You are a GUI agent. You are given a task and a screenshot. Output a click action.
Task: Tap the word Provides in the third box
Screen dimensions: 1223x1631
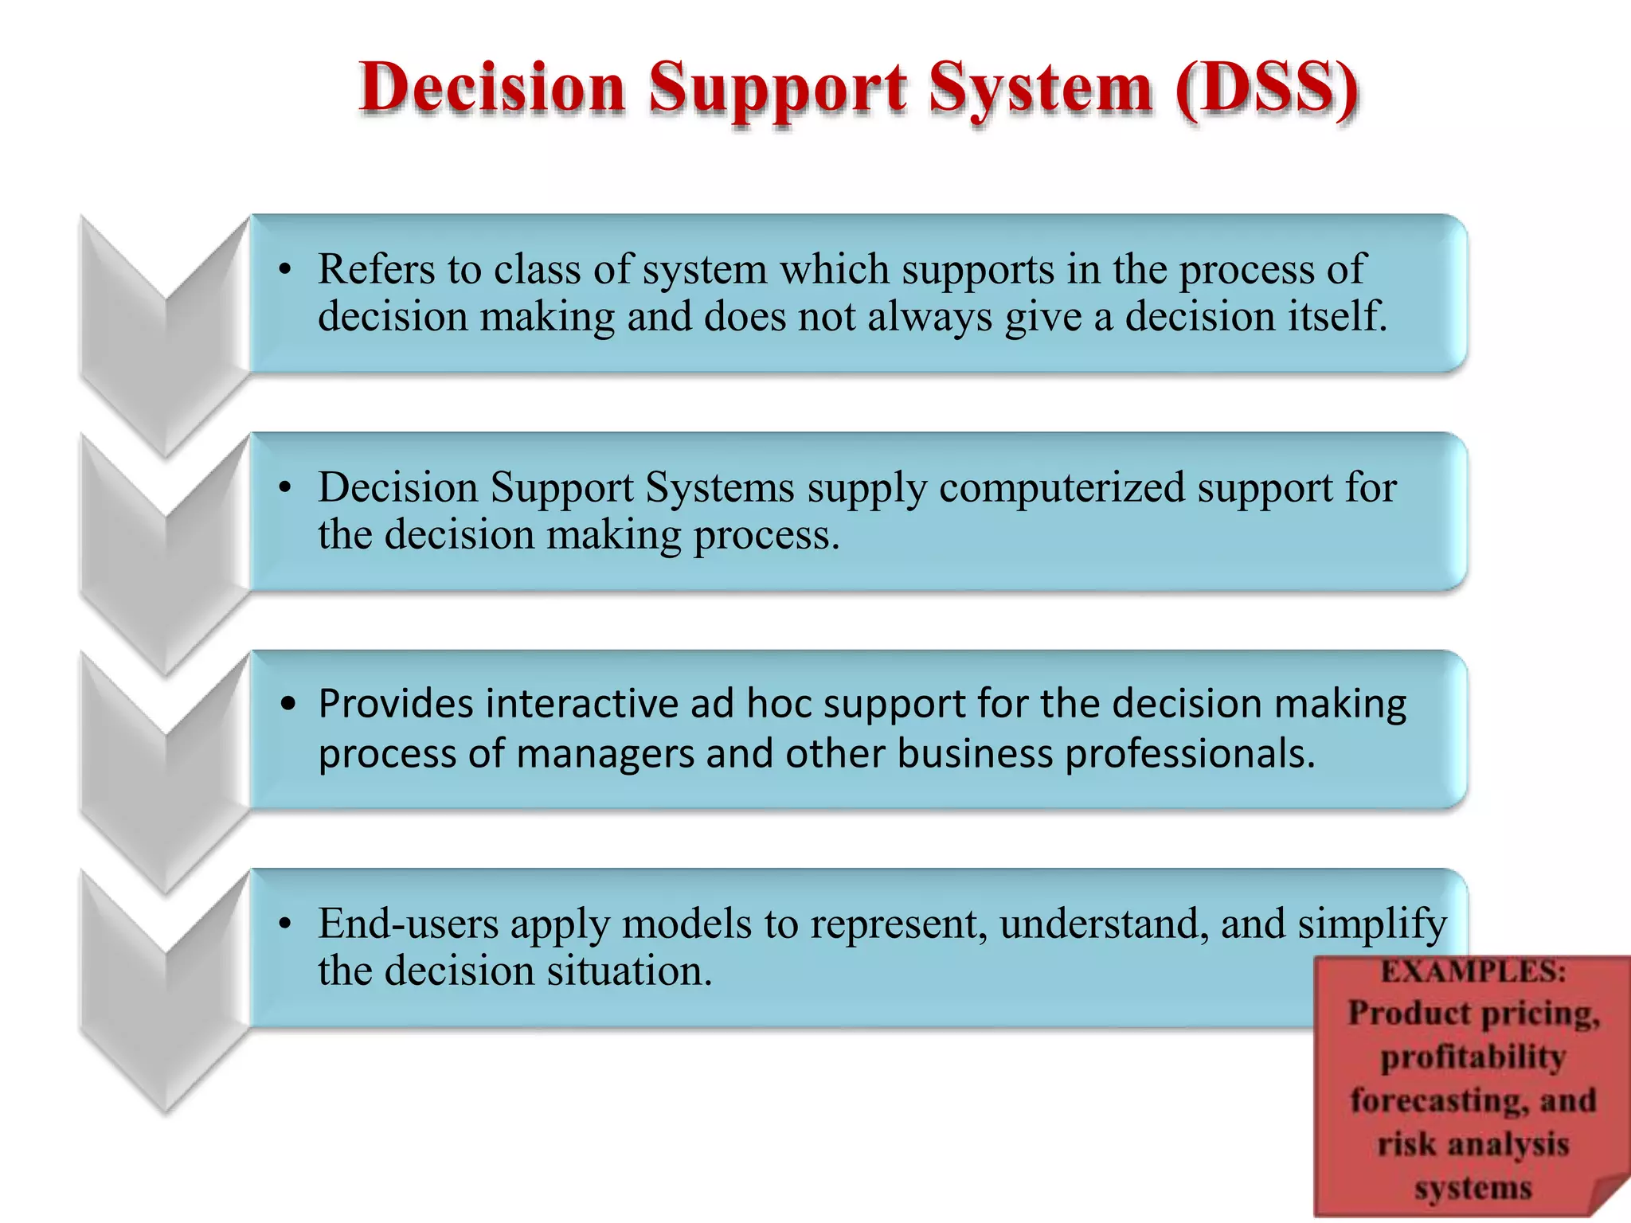coord(395,704)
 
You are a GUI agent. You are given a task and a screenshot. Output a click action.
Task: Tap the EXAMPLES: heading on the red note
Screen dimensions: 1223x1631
coord(1473,971)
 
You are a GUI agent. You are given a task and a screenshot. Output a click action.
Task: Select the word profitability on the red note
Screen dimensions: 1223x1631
coord(1473,1057)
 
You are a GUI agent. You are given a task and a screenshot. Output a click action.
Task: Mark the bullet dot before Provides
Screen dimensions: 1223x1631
coord(288,704)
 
